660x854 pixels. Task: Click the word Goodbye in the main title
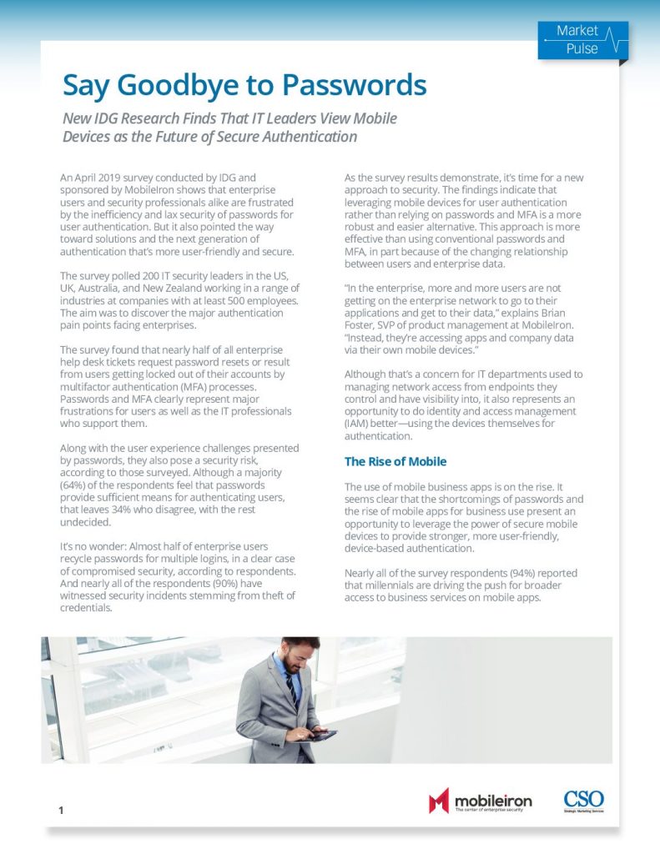(169, 85)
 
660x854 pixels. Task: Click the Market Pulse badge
(582, 39)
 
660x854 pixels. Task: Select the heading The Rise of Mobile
(395, 461)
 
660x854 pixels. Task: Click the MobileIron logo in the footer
(481, 801)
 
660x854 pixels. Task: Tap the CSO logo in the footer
(583, 800)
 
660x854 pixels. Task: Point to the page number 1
(62, 810)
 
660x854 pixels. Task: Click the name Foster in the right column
(362, 324)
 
